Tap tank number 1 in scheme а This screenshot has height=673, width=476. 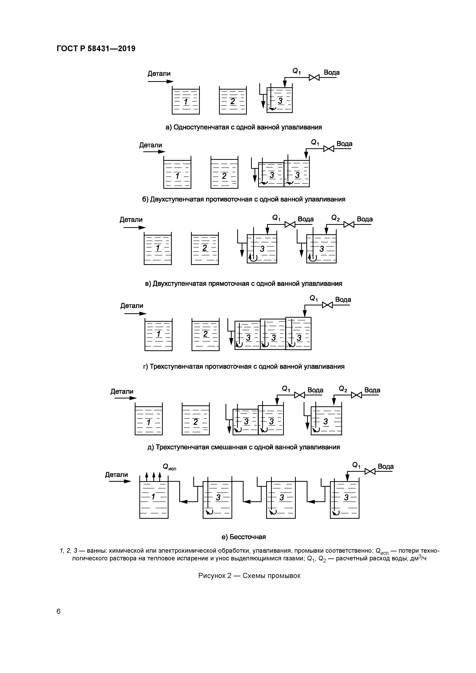(186, 101)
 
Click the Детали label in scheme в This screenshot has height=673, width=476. (131, 219)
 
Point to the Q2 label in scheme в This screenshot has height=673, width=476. (336, 218)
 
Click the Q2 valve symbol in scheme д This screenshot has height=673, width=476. (356, 395)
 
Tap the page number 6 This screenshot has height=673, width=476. (59, 611)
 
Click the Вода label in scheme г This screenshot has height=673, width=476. (343, 299)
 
